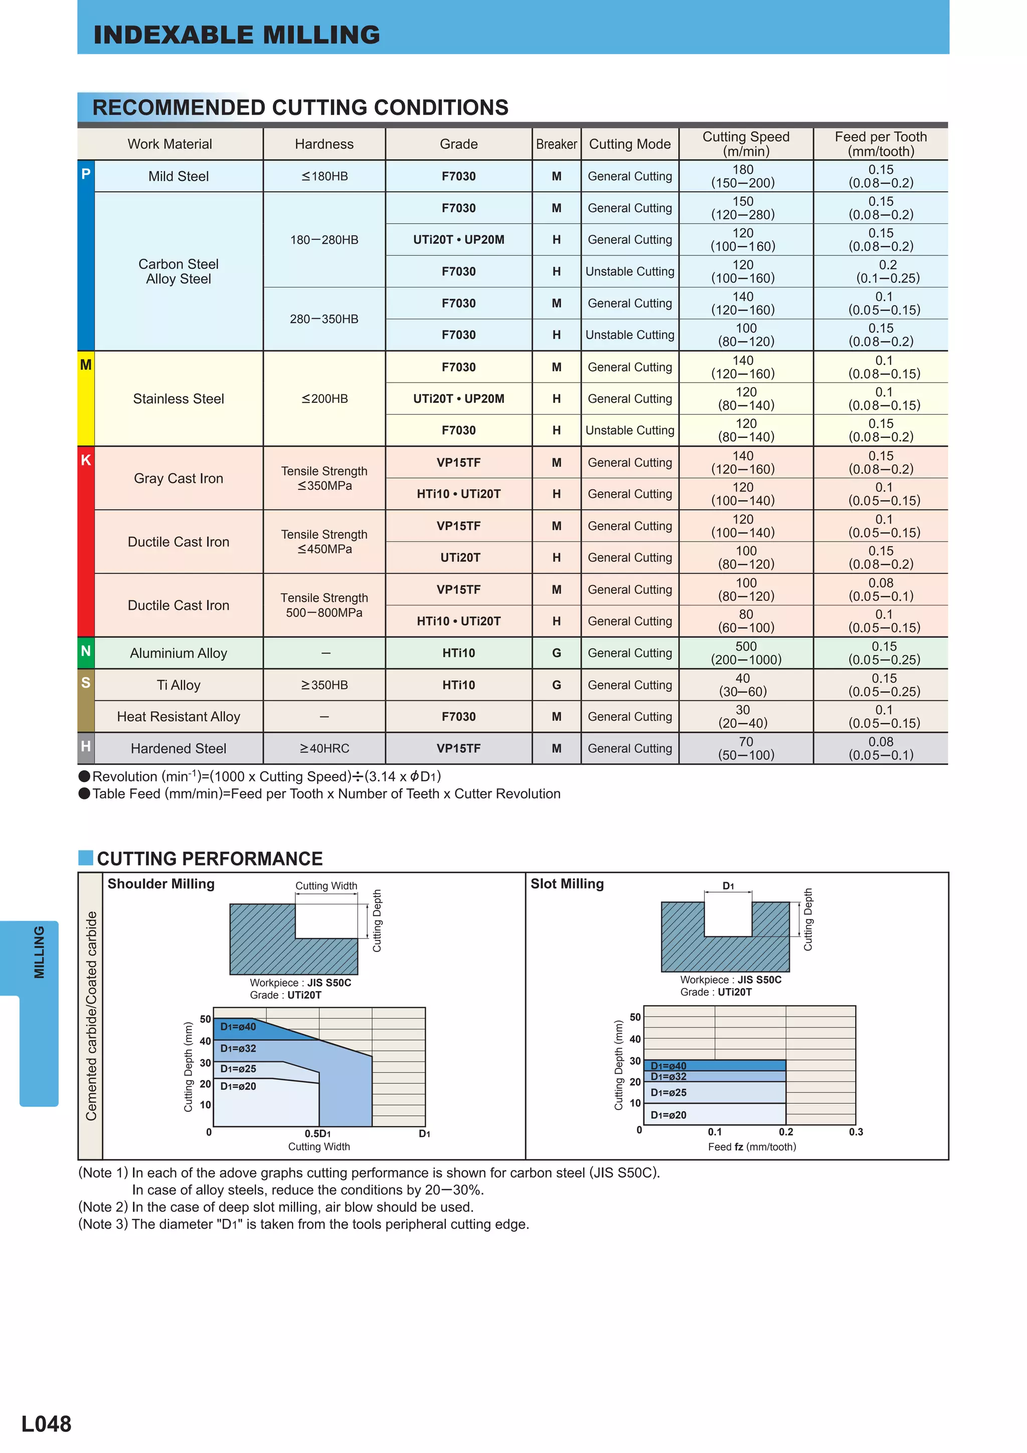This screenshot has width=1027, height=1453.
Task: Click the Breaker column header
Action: coord(556,144)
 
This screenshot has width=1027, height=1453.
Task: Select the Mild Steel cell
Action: coord(179,177)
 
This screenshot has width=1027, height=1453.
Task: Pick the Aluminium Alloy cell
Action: coord(179,653)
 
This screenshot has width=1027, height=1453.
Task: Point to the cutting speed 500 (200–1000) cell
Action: coord(746,653)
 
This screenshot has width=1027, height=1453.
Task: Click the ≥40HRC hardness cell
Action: coord(324,749)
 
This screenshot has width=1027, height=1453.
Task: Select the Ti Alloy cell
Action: coord(179,685)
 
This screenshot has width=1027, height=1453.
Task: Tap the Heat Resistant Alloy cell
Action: coord(179,717)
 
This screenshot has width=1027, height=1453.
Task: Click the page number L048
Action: coord(46,1424)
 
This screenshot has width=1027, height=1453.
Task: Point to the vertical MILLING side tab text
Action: coord(39,952)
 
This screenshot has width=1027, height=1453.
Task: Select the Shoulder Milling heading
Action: coord(161,884)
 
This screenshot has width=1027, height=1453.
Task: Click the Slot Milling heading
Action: coord(567,884)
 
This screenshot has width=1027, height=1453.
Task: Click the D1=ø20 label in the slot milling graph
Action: coord(668,1115)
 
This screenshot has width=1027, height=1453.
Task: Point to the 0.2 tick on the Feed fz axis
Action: coord(786,1132)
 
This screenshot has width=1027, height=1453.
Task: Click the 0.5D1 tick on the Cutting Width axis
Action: coord(317,1134)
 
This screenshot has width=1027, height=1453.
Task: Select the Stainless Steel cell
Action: coord(179,399)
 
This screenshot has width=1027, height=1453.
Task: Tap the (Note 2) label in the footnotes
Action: coord(103,1207)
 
